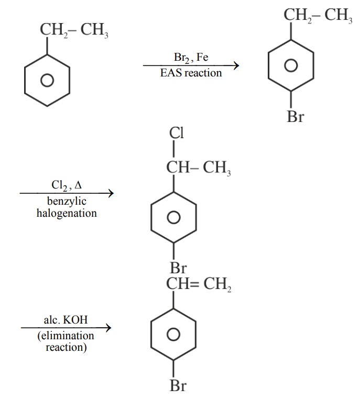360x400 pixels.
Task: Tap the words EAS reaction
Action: [x=191, y=73]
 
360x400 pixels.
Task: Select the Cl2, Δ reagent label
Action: [x=67, y=185]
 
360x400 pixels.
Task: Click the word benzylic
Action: [x=67, y=202]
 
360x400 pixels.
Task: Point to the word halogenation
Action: [x=67, y=213]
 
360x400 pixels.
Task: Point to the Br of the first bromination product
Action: [x=296, y=117]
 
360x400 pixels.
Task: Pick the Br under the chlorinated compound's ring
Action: [x=178, y=268]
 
